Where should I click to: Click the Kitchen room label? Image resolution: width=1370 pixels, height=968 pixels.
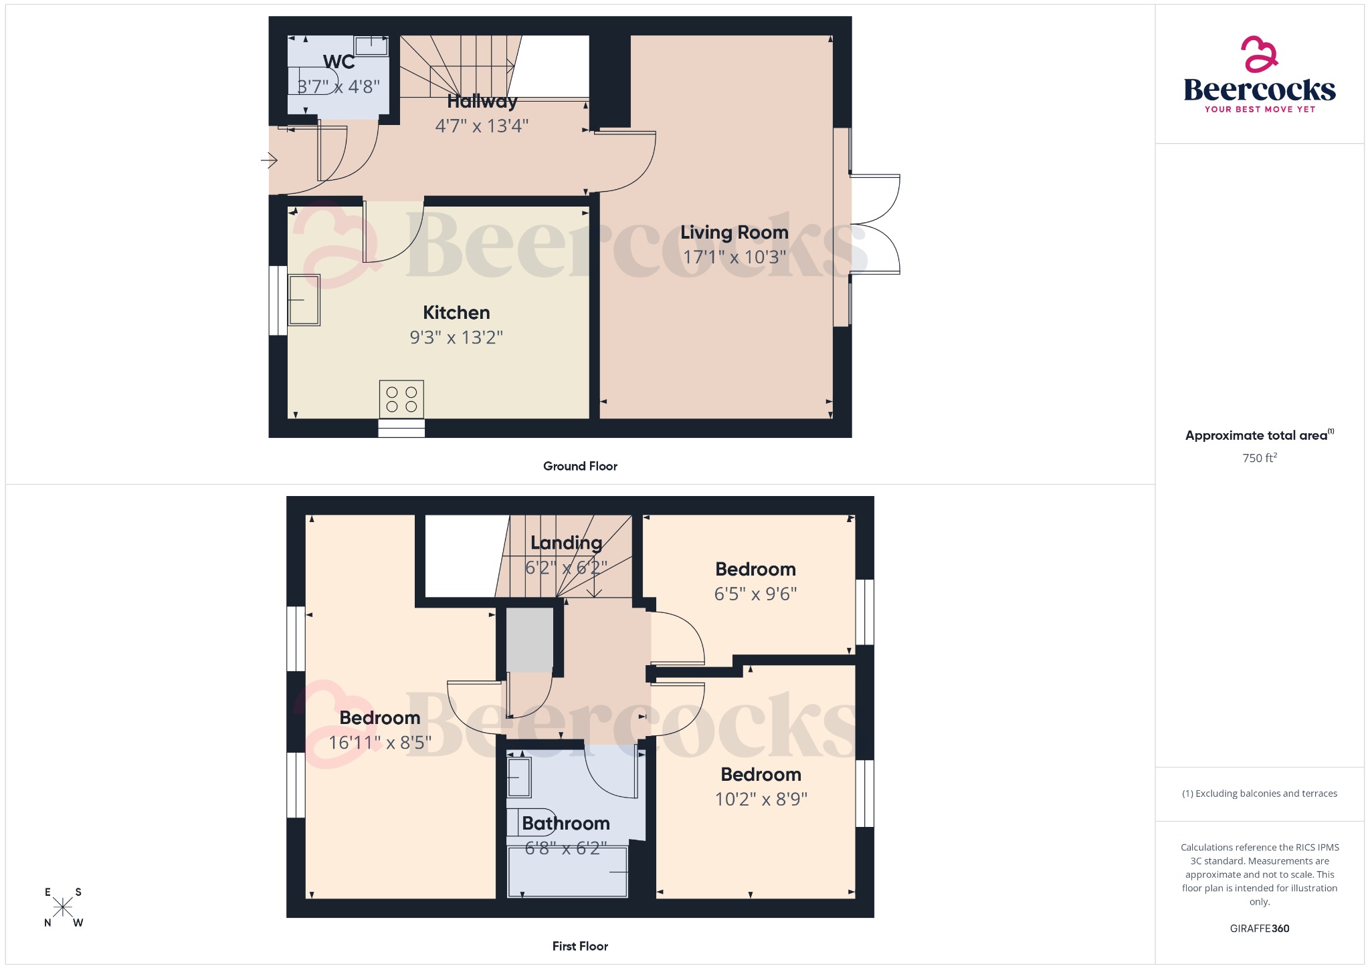click(x=456, y=312)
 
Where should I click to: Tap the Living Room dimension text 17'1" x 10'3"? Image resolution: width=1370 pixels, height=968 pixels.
click(x=734, y=257)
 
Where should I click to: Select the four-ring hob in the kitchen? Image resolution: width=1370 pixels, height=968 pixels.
click(x=401, y=399)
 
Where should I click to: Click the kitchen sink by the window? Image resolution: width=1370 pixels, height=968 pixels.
click(x=304, y=299)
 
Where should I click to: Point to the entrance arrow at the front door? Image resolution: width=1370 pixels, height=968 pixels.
click(x=269, y=160)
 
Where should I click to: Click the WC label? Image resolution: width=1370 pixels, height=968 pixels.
click(x=338, y=62)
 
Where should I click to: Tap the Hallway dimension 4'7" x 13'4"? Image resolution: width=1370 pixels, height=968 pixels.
click(x=482, y=126)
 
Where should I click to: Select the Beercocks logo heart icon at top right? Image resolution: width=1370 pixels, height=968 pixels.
click(x=1259, y=54)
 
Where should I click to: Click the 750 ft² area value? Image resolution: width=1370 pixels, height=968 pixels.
click(x=1259, y=458)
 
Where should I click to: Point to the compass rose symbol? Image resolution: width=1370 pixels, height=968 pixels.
click(x=63, y=907)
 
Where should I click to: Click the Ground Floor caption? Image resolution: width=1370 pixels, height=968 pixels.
click(x=580, y=466)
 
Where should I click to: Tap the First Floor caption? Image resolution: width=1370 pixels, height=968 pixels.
click(x=580, y=946)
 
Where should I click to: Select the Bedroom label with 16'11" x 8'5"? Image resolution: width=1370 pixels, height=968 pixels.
click(x=380, y=717)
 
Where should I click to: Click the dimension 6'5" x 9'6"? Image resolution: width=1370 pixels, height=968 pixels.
click(x=755, y=594)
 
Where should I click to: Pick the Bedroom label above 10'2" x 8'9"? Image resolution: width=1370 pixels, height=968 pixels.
click(x=761, y=774)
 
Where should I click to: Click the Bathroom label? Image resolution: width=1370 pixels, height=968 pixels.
click(x=566, y=823)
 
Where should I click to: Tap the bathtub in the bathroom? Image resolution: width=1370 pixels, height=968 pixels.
click(x=567, y=872)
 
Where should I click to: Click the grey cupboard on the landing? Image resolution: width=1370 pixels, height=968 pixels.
click(x=529, y=639)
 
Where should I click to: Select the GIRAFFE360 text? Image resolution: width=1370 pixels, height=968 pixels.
click(x=1259, y=928)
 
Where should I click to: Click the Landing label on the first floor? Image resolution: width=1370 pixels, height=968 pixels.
click(x=566, y=543)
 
